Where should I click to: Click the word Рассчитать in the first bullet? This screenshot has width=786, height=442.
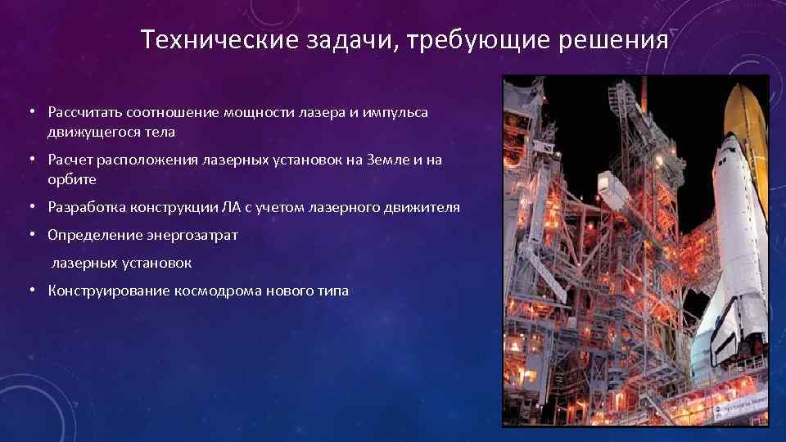84,111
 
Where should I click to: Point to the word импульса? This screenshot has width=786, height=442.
398,111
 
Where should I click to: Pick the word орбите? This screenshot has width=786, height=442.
72,178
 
